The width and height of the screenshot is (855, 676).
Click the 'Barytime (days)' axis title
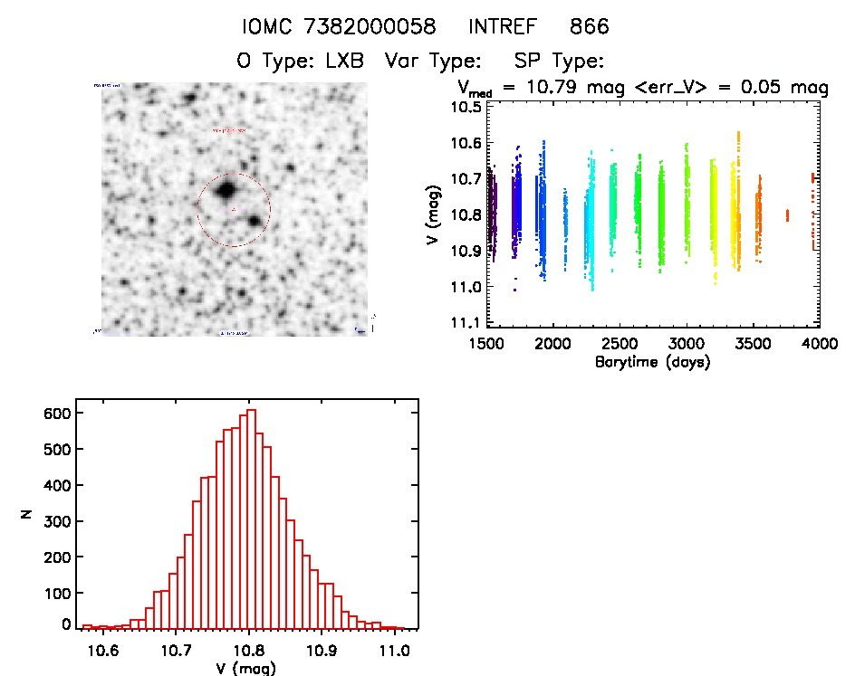click(x=652, y=361)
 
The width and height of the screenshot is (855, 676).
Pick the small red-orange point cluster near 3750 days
click(x=787, y=214)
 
